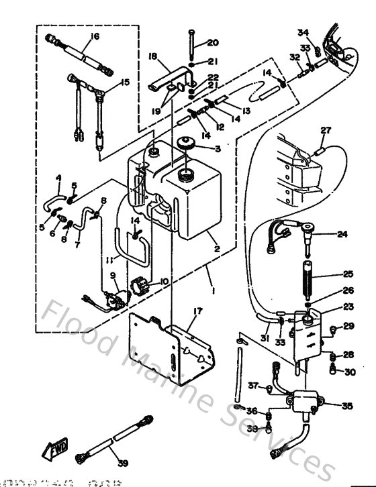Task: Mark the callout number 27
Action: pyautogui.click(x=326, y=129)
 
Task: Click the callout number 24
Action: pyautogui.click(x=342, y=234)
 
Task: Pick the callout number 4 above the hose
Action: pyautogui.click(x=58, y=178)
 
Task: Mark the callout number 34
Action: pyautogui.click(x=303, y=32)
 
